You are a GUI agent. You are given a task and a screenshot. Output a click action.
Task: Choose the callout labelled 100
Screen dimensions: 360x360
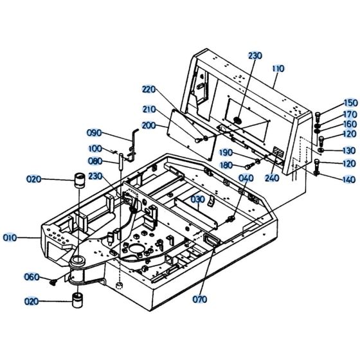(x=95, y=148)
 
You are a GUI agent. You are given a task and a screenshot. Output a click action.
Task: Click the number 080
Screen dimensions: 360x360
(x=95, y=161)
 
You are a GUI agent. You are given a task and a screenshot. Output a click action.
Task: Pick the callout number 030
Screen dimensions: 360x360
(x=197, y=199)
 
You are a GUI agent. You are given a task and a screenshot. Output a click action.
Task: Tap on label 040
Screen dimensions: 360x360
(x=246, y=178)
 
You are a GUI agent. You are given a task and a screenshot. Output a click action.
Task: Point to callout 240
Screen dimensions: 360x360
(x=272, y=178)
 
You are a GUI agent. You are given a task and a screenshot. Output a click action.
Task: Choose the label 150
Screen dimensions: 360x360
(x=350, y=103)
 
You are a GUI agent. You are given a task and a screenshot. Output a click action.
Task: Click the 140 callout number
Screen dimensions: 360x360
(x=350, y=179)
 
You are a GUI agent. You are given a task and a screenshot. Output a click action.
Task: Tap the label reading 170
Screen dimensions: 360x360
(x=350, y=114)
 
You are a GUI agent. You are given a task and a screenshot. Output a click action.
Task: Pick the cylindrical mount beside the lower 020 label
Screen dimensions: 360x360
(x=79, y=300)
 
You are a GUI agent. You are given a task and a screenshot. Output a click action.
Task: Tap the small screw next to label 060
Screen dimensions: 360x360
(x=55, y=280)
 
